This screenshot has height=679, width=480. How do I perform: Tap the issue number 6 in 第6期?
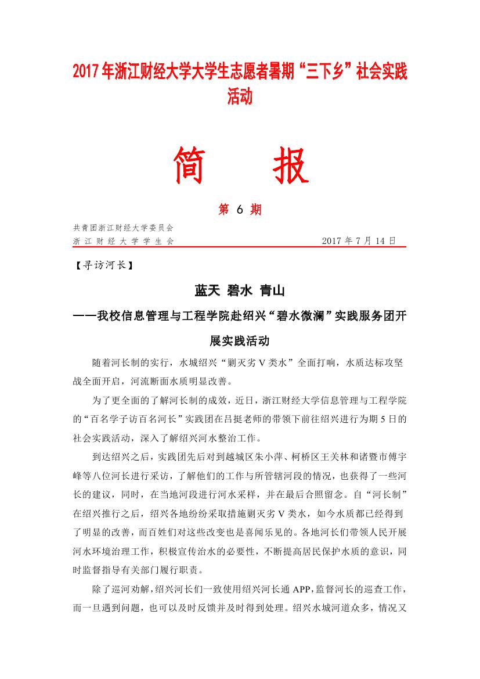pyautogui.click(x=240, y=210)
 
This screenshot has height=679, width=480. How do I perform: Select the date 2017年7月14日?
pyautogui.click(x=358, y=240)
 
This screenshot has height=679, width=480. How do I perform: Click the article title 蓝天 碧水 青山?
pyautogui.click(x=240, y=290)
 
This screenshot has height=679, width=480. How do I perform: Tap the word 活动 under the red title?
pyautogui.click(x=240, y=96)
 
